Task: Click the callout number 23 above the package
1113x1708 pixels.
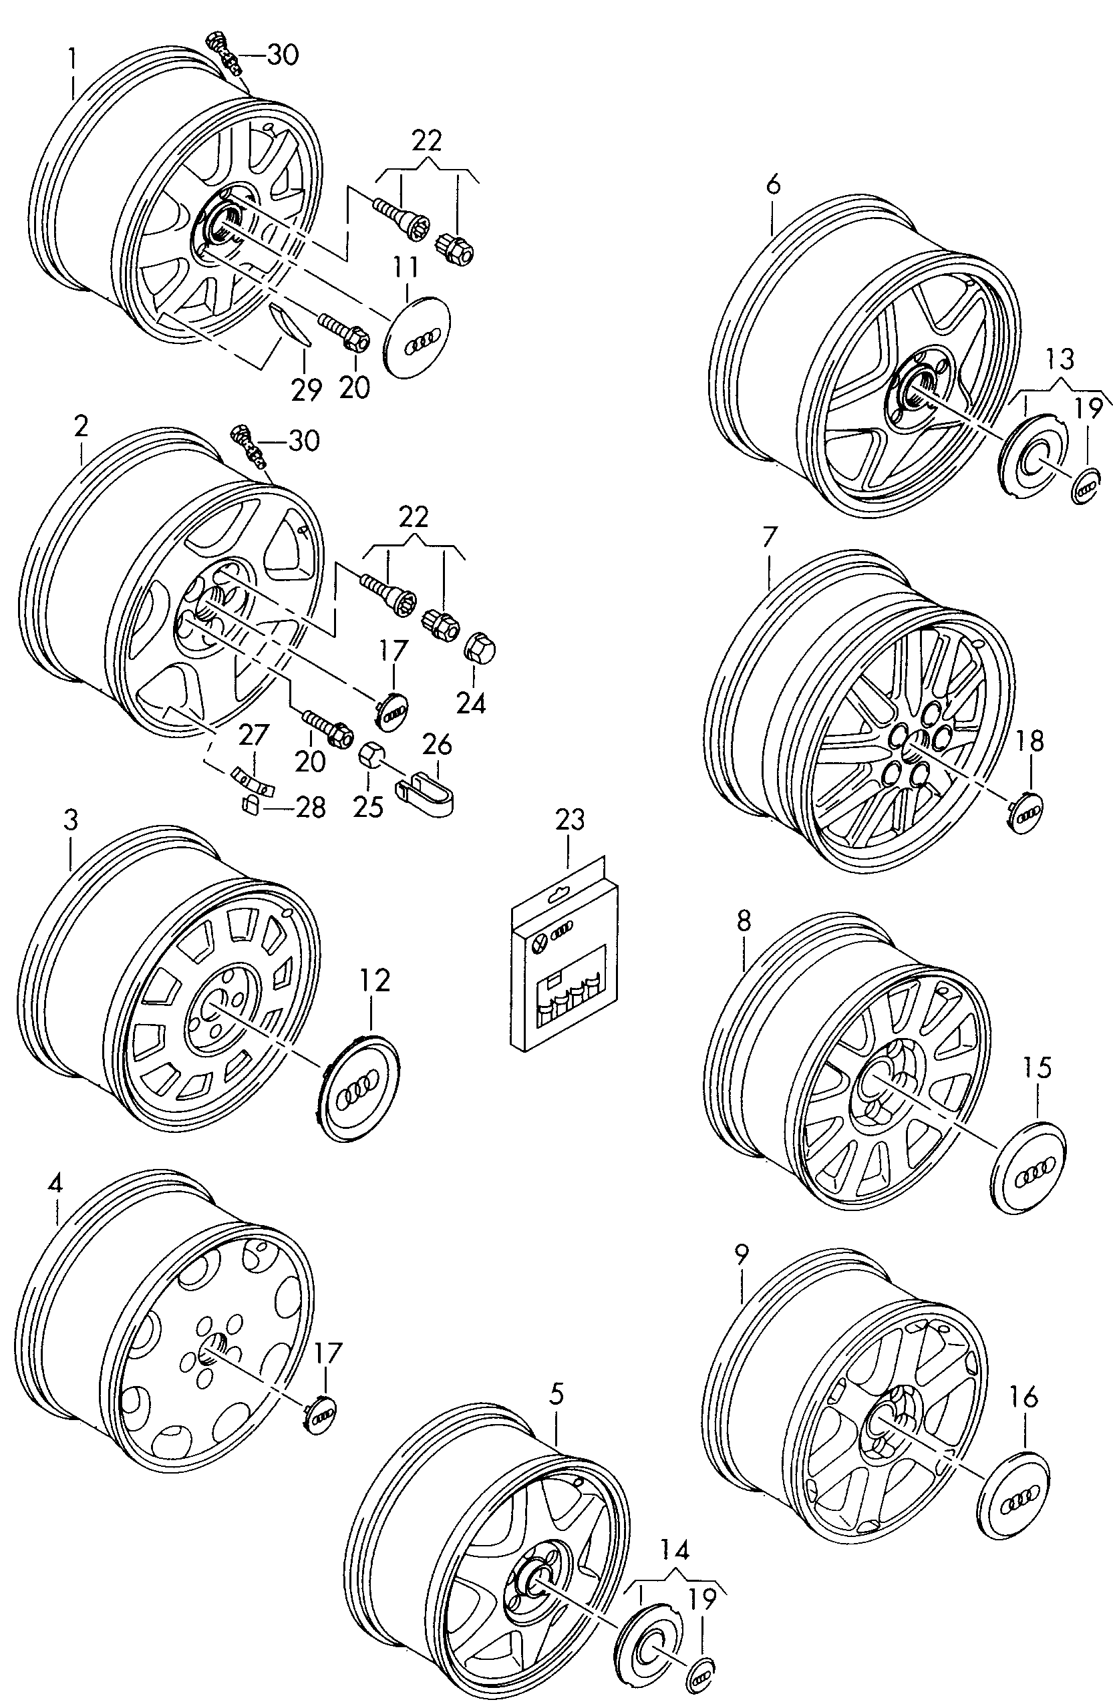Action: coord(570,819)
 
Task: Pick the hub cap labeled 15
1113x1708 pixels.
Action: coord(1028,1167)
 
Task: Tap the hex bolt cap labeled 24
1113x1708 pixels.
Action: coord(480,649)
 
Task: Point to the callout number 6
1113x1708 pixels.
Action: coord(772,185)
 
